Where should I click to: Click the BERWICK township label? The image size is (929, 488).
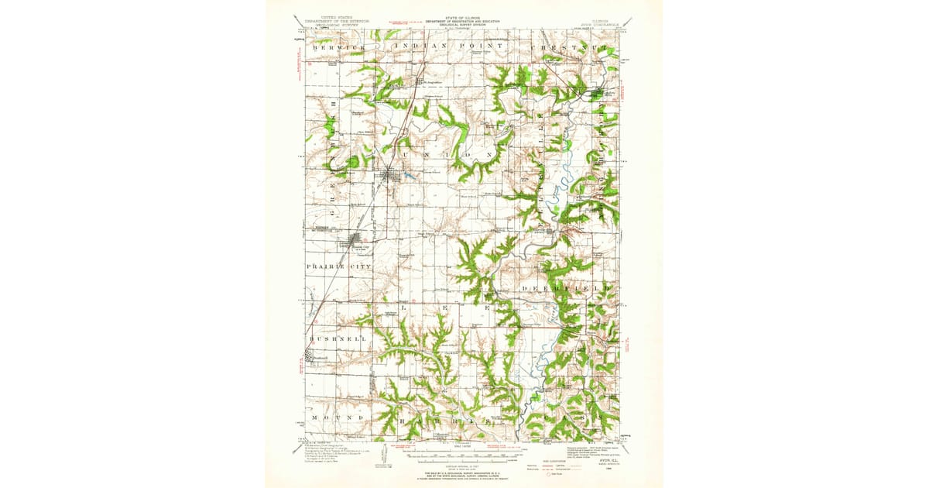[x=338, y=47]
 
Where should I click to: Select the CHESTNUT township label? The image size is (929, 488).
[x=576, y=47]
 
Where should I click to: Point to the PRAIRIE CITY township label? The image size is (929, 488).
[x=338, y=266]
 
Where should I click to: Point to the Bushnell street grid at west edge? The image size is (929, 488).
[x=311, y=357]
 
